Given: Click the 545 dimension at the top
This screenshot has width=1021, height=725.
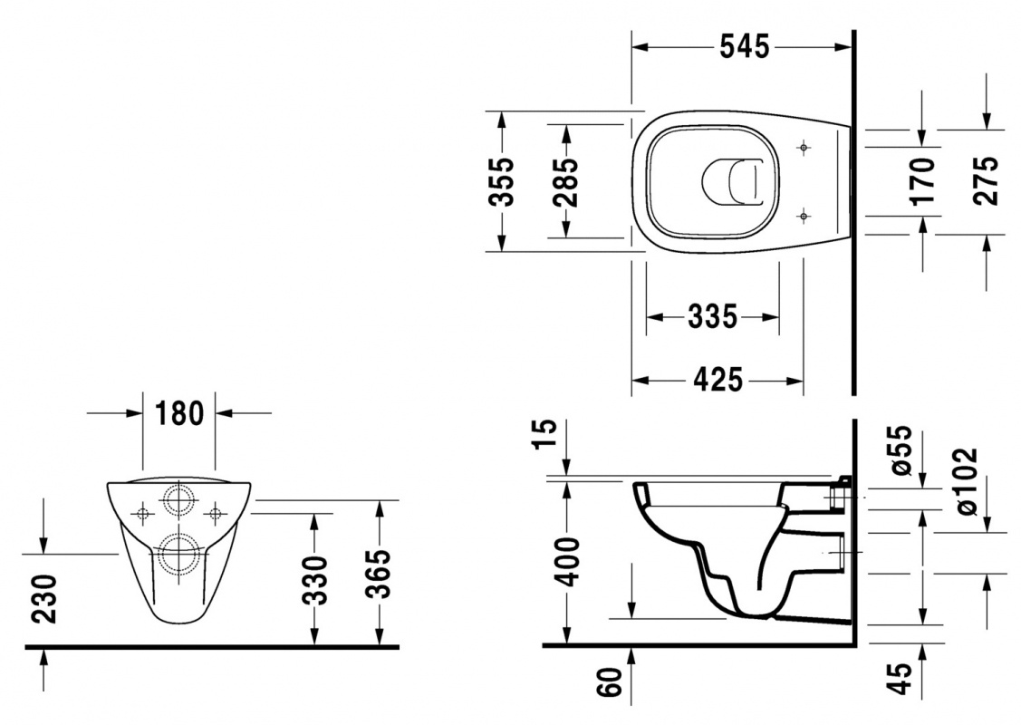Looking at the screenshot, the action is click(745, 47).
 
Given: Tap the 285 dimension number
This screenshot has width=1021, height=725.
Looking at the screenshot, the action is click(566, 182).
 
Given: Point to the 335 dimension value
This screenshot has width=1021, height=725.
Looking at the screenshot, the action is click(712, 317).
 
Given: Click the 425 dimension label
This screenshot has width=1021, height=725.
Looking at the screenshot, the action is click(718, 381).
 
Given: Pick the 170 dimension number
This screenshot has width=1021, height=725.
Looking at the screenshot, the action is click(923, 180).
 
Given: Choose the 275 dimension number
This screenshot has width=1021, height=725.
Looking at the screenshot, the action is click(987, 180).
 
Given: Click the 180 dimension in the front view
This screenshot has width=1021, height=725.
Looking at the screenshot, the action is click(179, 413).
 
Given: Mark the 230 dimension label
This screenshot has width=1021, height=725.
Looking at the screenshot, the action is click(44, 599).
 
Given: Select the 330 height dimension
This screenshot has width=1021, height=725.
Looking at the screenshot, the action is click(316, 580).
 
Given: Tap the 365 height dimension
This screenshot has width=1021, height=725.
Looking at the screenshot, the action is click(379, 574).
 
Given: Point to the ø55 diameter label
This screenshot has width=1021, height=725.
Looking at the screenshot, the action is click(901, 450).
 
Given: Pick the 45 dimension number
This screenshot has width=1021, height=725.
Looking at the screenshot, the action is click(901, 679).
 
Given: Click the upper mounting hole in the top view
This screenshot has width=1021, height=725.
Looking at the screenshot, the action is click(804, 149).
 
